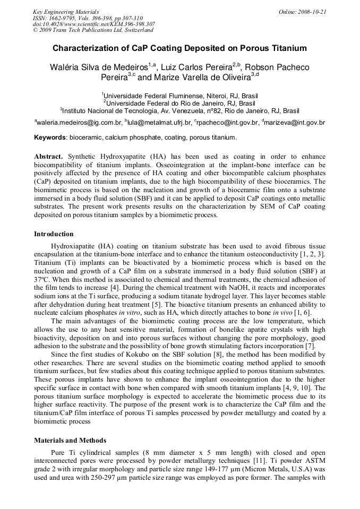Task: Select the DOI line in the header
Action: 94,24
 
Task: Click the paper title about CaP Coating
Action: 179,48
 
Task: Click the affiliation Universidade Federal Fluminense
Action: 180,96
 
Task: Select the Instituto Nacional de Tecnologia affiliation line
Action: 180,111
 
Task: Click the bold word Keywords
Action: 50,137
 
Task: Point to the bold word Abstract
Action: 48,157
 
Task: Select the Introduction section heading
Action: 54,234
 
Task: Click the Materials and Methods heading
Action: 70,440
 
